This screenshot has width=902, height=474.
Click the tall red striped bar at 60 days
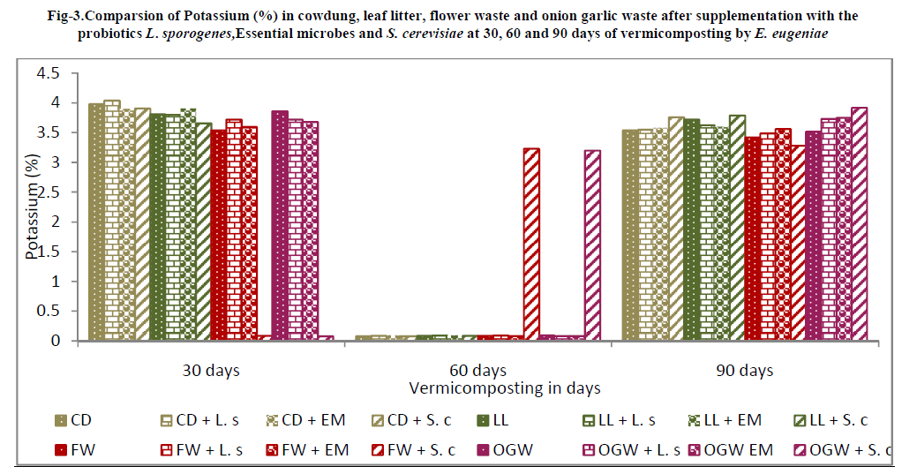click(531, 244)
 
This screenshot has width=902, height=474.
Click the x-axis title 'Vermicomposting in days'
click(504, 388)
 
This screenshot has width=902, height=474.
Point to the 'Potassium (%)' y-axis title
click(33, 202)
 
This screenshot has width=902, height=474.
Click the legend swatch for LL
click(484, 421)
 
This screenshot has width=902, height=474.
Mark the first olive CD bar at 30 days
click(96, 221)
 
